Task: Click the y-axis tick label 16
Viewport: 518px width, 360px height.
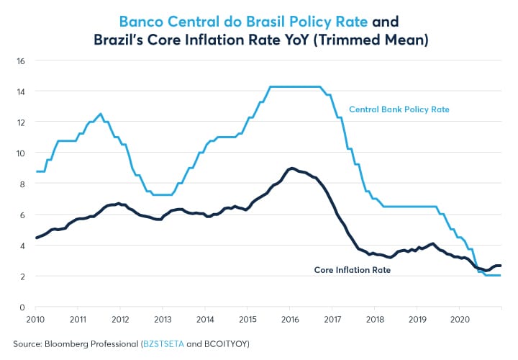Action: click(21, 60)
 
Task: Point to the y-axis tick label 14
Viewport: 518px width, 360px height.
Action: click(21, 91)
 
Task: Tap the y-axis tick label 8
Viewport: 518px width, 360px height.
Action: click(22, 184)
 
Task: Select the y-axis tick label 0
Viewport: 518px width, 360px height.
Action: click(22, 307)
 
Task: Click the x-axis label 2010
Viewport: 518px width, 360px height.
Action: click(37, 318)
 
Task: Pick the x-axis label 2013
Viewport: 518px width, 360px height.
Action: click(163, 318)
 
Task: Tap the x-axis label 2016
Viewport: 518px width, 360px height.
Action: click(289, 318)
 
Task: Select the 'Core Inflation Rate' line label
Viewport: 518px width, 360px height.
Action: click(353, 271)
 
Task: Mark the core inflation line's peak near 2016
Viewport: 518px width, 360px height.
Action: click(291, 168)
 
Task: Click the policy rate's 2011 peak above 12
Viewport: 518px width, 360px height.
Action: click(101, 114)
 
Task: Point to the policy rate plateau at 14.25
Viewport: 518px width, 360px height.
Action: click(295, 87)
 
